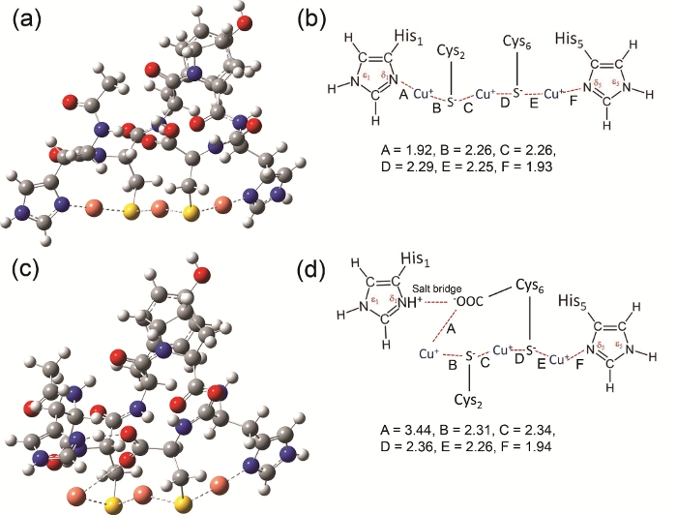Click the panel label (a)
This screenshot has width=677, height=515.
coord(30,20)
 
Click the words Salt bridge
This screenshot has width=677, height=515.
coord(435,302)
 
